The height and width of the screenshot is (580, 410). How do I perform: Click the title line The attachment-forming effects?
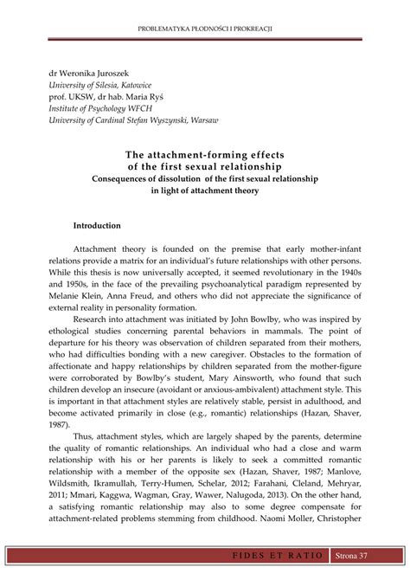tap(205, 155)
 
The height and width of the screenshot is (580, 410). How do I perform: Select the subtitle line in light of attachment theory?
tap(205, 190)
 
